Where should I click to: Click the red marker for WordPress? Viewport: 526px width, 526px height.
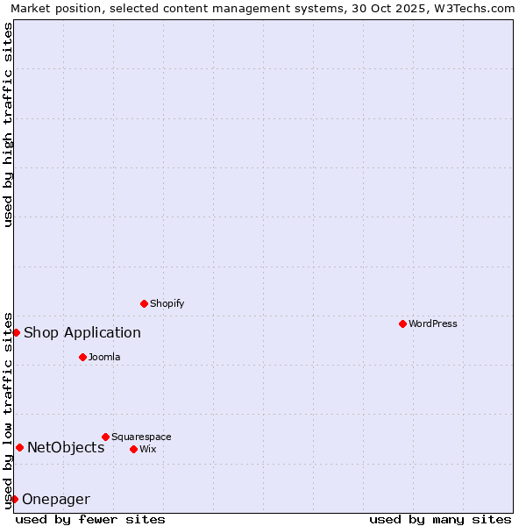(x=402, y=323)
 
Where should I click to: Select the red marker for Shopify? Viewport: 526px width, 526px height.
(x=145, y=303)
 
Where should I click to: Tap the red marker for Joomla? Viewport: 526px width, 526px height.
(x=82, y=357)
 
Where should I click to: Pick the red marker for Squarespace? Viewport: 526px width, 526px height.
(x=105, y=437)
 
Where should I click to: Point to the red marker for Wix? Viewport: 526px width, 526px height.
(x=133, y=449)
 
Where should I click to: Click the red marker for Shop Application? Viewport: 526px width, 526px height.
(x=16, y=332)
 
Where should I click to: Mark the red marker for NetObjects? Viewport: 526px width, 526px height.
(x=19, y=447)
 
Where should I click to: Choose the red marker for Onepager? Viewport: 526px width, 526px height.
(x=14, y=499)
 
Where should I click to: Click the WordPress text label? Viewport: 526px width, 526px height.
(x=433, y=323)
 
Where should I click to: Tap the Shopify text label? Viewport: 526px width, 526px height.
(x=167, y=303)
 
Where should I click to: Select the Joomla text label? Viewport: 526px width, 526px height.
(x=104, y=357)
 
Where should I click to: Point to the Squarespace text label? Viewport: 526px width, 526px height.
(x=141, y=437)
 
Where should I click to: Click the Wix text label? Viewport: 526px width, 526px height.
(x=148, y=449)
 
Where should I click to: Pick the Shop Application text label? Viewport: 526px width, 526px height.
(x=82, y=332)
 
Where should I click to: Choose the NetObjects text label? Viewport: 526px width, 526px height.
(x=66, y=447)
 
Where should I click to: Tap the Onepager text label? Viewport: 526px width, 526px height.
(x=56, y=500)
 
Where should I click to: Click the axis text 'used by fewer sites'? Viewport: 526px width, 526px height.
(x=90, y=519)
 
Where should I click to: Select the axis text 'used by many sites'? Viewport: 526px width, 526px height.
(x=440, y=519)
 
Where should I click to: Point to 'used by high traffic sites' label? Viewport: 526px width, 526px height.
(x=8, y=124)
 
